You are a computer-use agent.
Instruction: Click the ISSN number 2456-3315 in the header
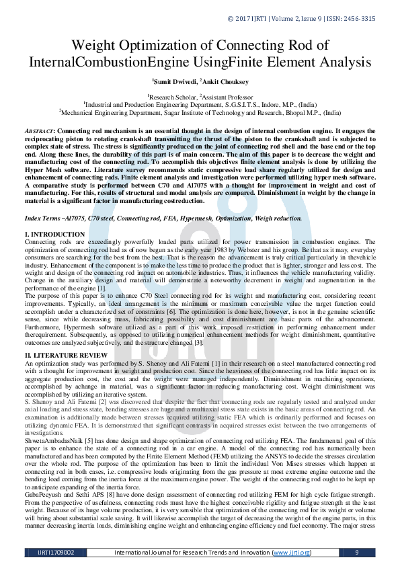tap(358, 19)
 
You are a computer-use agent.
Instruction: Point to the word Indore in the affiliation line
tap(253, 105)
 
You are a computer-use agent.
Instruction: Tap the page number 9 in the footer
tap(356, 552)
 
